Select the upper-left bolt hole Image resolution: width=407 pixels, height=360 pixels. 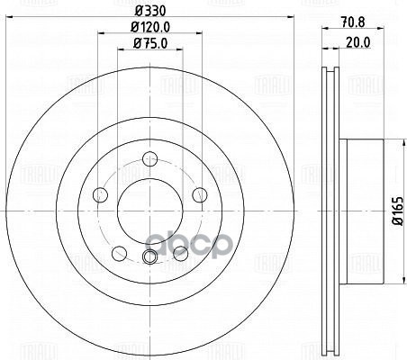pos(100,194)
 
